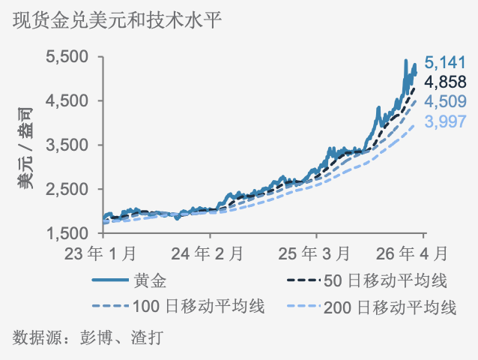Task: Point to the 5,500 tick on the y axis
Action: click(67, 57)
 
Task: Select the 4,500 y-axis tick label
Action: click(67, 101)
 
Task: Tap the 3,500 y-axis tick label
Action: click(67, 145)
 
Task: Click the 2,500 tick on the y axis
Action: click(67, 190)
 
